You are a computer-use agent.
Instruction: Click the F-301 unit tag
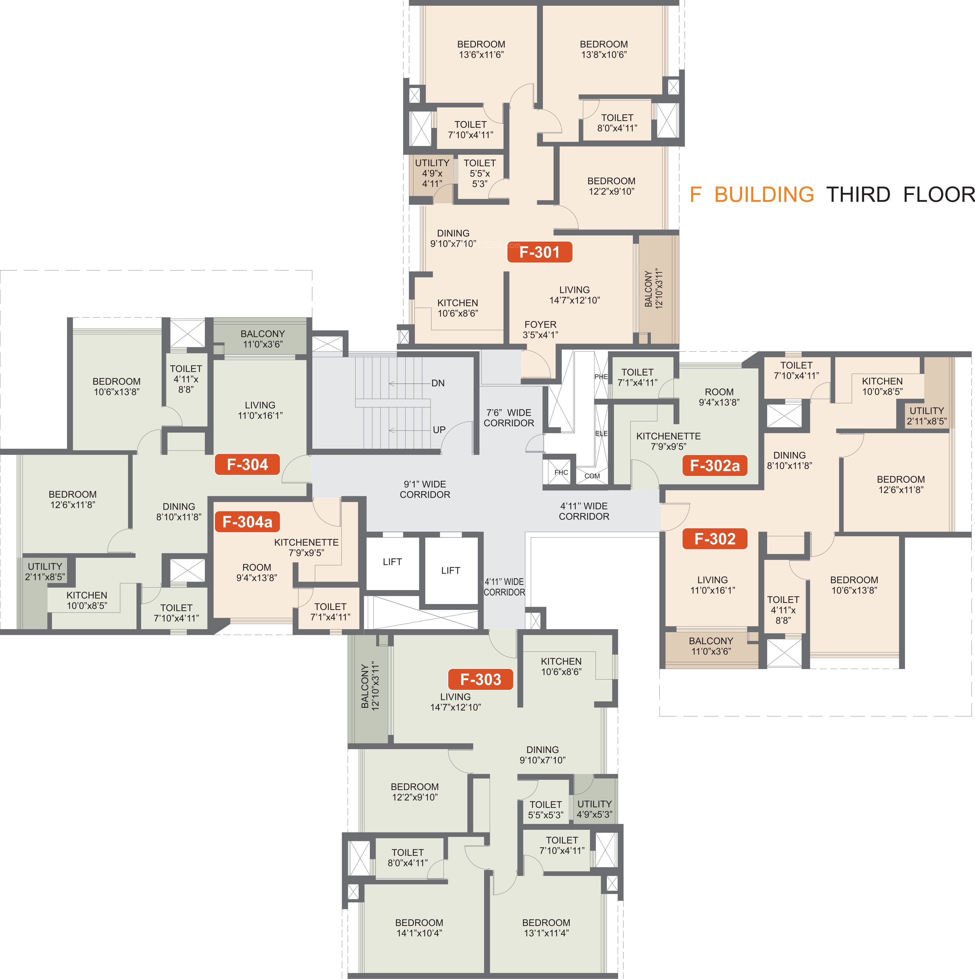pos(540,252)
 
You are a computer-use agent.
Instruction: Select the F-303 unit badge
pos(480,679)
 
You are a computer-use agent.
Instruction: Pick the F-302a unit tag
pos(715,465)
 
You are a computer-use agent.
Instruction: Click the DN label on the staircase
pos(438,383)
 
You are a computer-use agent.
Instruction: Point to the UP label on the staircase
pos(439,430)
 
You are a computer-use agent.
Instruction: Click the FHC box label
pos(561,472)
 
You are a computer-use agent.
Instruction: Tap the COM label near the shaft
pos(592,476)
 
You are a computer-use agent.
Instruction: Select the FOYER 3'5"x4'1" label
pos(540,329)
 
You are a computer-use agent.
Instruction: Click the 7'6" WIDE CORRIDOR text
pos(508,418)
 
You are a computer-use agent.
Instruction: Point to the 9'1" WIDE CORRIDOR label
pos(425,489)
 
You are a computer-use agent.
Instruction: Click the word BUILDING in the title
pos(764,195)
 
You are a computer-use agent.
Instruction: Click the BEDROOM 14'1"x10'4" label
pos(419,928)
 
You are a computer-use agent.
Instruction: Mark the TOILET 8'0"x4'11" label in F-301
pos(617,123)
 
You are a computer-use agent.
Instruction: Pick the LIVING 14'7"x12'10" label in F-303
pos(455,702)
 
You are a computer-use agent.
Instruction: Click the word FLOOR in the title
pos(939,195)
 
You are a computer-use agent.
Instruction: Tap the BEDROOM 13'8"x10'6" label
pos(604,49)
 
